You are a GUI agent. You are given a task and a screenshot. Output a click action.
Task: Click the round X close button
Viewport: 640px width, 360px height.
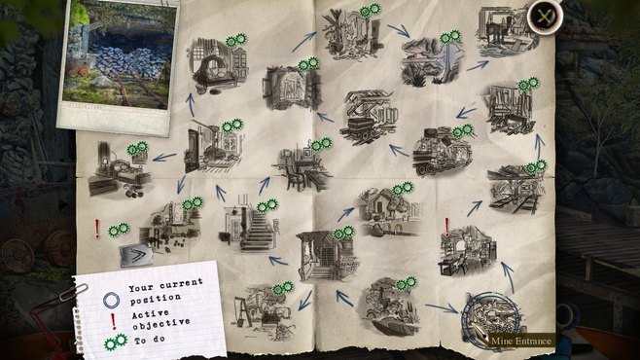[x=545, y=17]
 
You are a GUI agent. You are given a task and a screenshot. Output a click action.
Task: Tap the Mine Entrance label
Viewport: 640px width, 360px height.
[x=521, y=340]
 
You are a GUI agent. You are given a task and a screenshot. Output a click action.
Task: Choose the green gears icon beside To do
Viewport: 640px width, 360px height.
[x=115, y=342]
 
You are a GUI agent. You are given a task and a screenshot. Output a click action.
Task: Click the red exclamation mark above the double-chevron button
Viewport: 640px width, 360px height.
[x=97, y=230]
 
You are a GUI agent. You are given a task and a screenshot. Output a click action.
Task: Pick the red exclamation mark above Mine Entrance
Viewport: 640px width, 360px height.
[x=446, y=227]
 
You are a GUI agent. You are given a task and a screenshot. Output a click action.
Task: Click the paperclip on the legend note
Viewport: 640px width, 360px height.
[x=71, y=295]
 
